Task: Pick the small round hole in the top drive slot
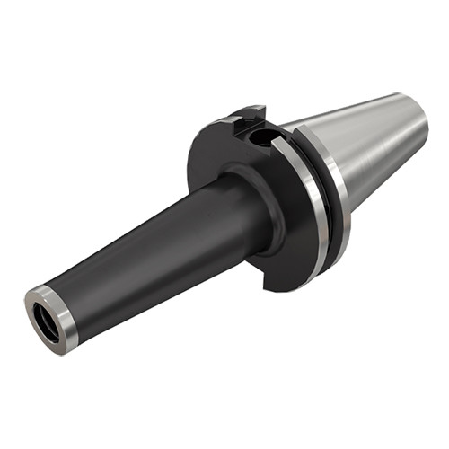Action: pyautogui.click(x=262, y=139)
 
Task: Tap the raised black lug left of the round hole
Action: pyautogui.click(x=240, y=120)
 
